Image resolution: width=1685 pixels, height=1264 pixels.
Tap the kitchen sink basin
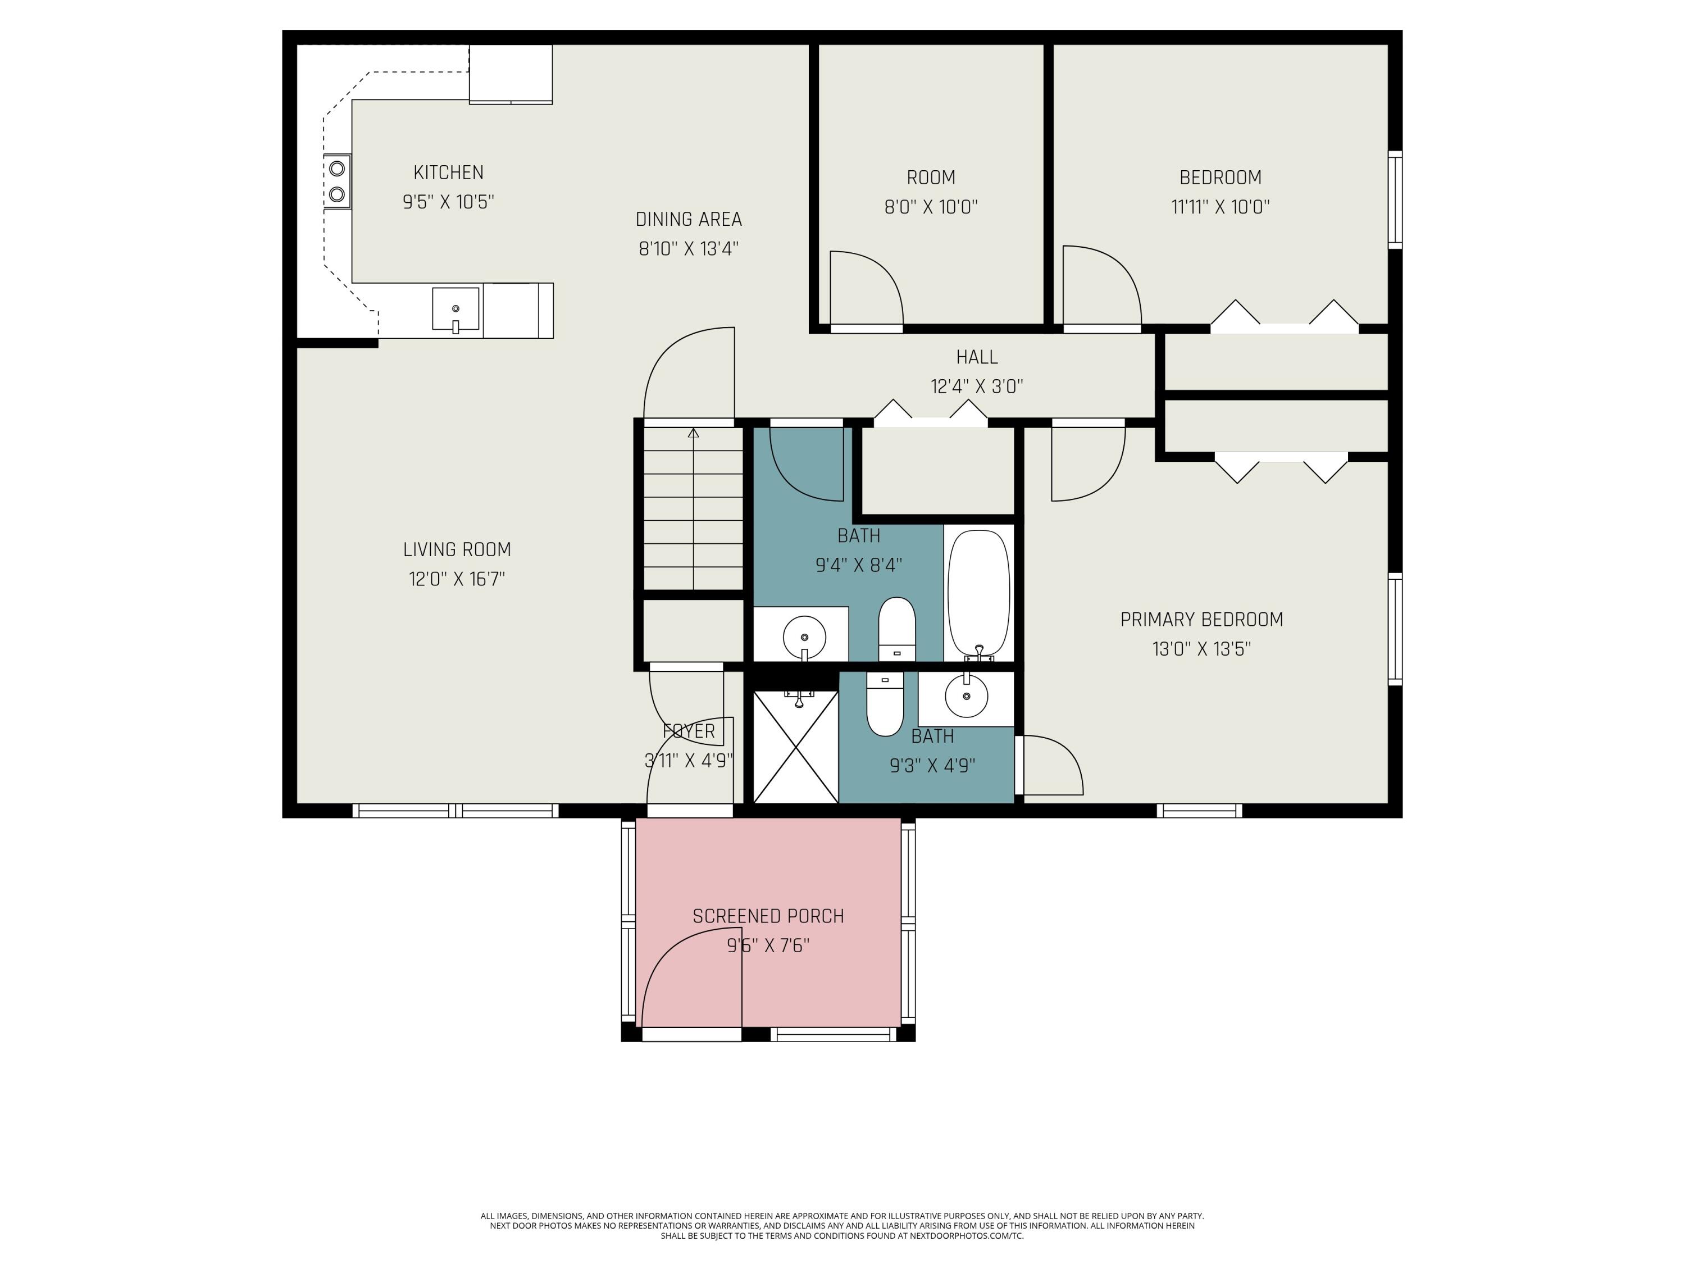[456, 308]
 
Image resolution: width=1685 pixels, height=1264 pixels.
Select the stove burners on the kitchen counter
[336, 181]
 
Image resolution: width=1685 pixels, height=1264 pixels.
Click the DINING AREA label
[688, 220]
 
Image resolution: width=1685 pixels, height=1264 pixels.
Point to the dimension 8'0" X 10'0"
[930, 207]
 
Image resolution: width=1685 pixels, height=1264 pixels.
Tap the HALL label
[977, 357]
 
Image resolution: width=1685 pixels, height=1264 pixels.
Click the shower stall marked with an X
[795, 747]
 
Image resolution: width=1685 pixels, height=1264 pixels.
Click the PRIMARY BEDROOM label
[1201, 620]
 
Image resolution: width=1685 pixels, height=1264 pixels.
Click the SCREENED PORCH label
[768, 916]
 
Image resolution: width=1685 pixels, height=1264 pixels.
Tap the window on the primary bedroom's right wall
[1394, 629]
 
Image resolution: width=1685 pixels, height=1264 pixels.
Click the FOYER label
[689, 731]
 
